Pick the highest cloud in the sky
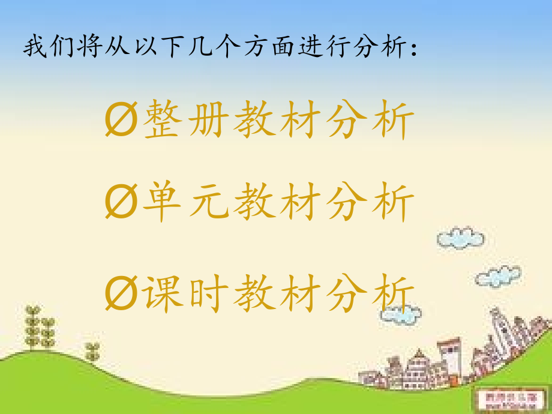[461, 238]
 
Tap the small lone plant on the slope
[92, 351]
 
